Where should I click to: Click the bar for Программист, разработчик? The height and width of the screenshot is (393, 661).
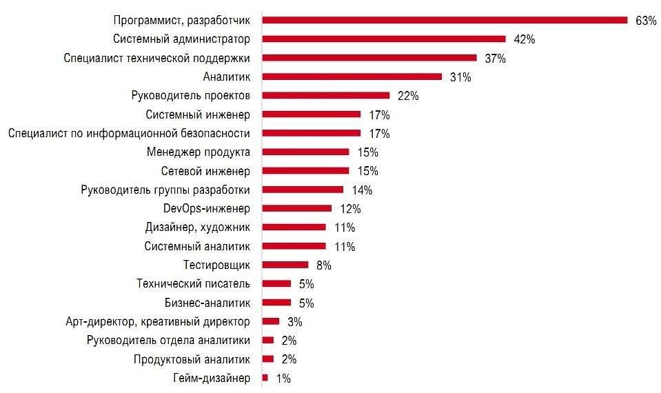coord(445,21)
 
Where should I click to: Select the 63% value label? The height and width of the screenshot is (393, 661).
coord(646,21)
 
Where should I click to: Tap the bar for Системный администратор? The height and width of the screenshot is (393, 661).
coord(384,39)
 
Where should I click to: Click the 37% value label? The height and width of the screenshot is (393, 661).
coord(495,59)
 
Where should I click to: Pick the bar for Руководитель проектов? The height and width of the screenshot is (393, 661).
coord(326,96)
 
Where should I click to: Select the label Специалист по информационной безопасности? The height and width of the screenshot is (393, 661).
coord(129,133)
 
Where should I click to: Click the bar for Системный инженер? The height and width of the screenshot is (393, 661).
coord(312,114)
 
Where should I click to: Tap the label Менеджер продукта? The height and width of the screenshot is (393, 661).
coord(199,152)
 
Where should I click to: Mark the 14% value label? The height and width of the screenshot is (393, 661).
coord(362,190)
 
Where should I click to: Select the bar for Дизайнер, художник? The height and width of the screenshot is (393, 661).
coord(294,227)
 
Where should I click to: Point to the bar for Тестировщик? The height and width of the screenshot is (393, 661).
coord(285,265)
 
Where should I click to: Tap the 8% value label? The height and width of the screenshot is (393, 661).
coord(324,265)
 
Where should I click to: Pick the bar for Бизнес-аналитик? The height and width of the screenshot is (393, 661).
coord(276,302)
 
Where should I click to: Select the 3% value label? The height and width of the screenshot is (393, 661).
coord(294,321)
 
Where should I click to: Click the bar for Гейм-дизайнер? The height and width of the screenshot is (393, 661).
coord(265,378)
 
